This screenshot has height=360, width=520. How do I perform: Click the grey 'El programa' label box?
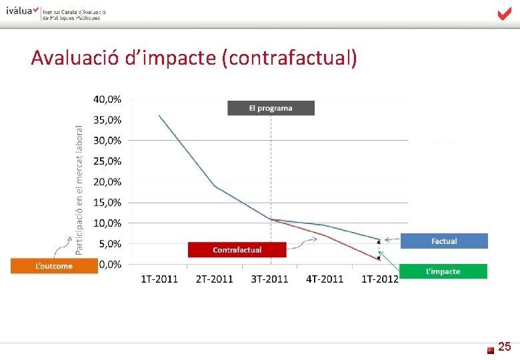(x=271, y=108)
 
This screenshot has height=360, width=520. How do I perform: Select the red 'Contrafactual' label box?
(x=237, y=249)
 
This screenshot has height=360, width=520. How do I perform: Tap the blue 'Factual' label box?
(x=444, y=241)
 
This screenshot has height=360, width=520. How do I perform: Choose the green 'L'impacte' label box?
(x=444, y=271)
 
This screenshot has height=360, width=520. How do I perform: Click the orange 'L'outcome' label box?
(x=53, y=265)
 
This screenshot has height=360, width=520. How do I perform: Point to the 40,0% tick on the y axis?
(x=107, y=99)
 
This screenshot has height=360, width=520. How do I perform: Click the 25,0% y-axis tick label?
(x=107, y=161)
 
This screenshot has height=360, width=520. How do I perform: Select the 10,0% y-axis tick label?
(x=107, y=223)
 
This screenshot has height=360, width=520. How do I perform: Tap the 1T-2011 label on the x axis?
(x=159, y=279)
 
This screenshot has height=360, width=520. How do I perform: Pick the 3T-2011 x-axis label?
(x=270, y=279)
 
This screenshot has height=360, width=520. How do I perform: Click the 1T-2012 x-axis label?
(x=379, y=279)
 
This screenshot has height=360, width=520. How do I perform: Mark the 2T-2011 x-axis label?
(x=215, y=279)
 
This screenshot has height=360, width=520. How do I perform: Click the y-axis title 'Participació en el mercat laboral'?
(x=79, y=189)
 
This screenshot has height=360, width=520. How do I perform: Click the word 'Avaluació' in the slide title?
(x=75, y=59)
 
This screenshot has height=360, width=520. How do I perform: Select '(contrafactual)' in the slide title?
(x=292, y=59)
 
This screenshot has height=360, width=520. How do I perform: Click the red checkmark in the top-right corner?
(x=504, y=14)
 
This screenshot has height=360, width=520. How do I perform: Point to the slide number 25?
(x=505, y=347)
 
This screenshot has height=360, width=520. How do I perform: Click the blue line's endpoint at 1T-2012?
(x=379, y=240)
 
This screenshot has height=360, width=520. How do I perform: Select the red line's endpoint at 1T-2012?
(x=379, y=259)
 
